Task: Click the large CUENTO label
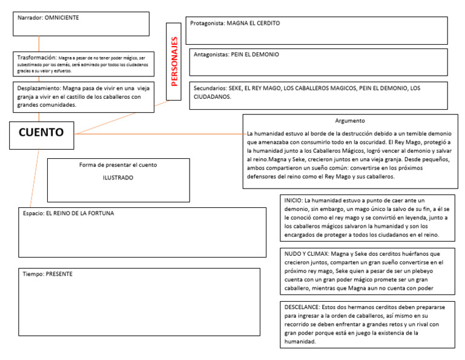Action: coord(41,132)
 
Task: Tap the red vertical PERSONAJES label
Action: coord(174,61)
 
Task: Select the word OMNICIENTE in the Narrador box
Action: coord(62,18)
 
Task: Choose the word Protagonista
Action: coord(207,24)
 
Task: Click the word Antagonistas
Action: coord(210,55)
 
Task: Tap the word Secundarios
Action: coord(209,88)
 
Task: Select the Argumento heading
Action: coord(349,121)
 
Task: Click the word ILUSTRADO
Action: coord(118,178)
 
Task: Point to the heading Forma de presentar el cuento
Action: coord(118,165)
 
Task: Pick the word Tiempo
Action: coord(32,274)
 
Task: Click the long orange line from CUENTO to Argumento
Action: coord(157,133)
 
